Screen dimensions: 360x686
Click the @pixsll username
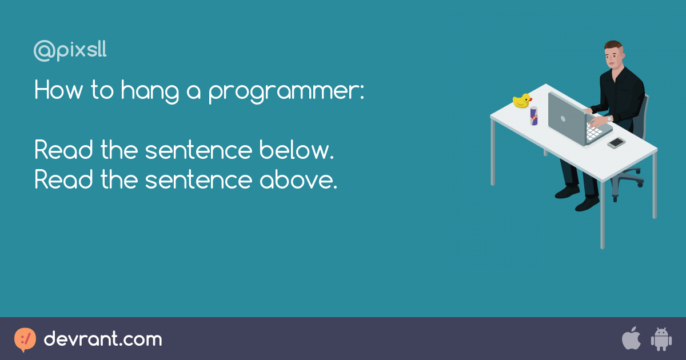tap(70, 51)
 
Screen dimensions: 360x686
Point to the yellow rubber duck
tap(521, 101)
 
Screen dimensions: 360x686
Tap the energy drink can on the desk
tap(534, 116)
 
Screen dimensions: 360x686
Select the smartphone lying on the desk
tap(616, 143)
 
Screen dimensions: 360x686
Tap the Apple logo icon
tap(631, 339)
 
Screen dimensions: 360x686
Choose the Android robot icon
tap(661, 339)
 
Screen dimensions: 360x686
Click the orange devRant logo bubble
tap(25, 339)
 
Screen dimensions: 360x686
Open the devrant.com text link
tap(103, 339)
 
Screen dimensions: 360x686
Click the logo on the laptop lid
tap(563, 119)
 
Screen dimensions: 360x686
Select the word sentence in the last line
tap(197, 181)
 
